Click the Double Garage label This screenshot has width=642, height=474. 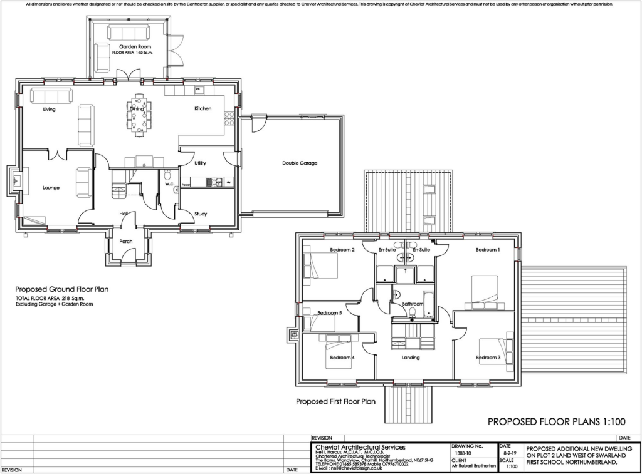(x=300, y=163)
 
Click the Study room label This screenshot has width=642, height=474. (x=200, y=214)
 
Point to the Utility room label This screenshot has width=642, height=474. (x=200, y=163)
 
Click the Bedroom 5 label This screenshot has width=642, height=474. (x=329, y=313)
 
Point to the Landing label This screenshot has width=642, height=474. (x=411, y=358)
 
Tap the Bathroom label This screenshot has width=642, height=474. (x=413, y=304)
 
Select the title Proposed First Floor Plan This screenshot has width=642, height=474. (x=335, y=401)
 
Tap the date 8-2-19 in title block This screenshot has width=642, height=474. (x=508, y=451)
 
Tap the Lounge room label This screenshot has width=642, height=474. (x=51, y=187)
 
